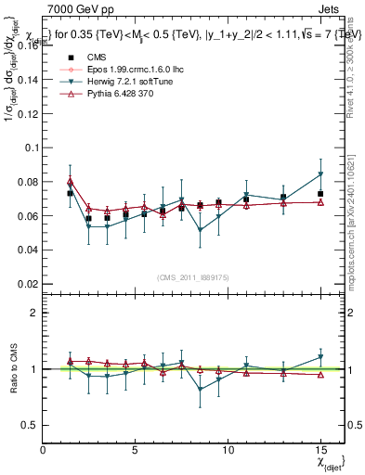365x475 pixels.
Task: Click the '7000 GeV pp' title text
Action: point(78,7)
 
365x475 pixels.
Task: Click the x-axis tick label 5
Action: point(136,450)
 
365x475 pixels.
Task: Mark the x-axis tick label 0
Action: point(44,450)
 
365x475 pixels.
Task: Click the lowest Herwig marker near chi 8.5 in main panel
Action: point(201,230)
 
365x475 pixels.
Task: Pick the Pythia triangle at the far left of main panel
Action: point(71,181)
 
